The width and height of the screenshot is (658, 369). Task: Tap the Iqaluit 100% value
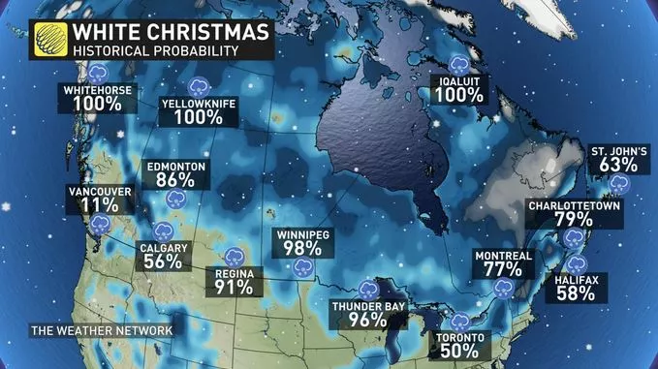459,96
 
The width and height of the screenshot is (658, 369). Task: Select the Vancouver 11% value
97,205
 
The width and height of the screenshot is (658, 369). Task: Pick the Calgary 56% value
163,260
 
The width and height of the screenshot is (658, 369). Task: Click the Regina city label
235,274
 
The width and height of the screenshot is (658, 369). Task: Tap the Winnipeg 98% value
303,248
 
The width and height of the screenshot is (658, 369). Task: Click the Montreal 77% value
502,268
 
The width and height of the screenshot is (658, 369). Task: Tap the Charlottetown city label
574,206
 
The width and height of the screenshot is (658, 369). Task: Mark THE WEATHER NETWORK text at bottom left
101,331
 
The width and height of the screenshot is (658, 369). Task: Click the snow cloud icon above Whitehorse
98,73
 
